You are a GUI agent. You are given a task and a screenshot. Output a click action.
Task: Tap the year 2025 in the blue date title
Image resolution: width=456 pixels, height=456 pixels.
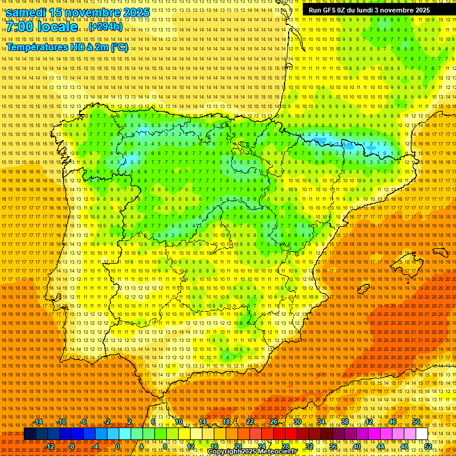(133, 12)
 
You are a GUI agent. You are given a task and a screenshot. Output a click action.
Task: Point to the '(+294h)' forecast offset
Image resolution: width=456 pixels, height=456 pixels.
(106, 27)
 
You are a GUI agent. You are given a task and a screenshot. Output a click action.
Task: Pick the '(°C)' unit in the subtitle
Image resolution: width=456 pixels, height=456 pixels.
(119, 47)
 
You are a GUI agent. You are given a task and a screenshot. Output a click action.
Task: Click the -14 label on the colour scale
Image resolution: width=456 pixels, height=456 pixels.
(39, 422)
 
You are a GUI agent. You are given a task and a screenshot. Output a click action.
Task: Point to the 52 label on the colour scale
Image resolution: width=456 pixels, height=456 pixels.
(428, 446)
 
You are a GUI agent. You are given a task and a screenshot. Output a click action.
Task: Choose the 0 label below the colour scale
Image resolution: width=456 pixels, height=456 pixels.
(118, 446)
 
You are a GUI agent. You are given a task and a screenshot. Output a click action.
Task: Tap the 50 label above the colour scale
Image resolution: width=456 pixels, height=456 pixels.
(416, 422)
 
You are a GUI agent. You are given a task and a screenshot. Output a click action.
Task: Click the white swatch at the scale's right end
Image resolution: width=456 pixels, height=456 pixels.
(422, 434)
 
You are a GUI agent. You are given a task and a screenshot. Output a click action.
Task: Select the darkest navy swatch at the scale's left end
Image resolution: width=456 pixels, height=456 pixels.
(30, 434)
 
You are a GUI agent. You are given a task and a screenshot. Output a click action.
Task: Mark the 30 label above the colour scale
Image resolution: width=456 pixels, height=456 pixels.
(297, 422)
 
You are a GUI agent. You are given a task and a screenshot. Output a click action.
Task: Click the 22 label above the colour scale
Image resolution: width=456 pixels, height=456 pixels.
(249, 422)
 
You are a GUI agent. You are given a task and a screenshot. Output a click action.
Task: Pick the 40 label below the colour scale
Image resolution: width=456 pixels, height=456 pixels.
(356, 446)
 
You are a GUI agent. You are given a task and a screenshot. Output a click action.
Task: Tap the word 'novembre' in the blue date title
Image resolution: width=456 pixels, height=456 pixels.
(91, 12)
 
